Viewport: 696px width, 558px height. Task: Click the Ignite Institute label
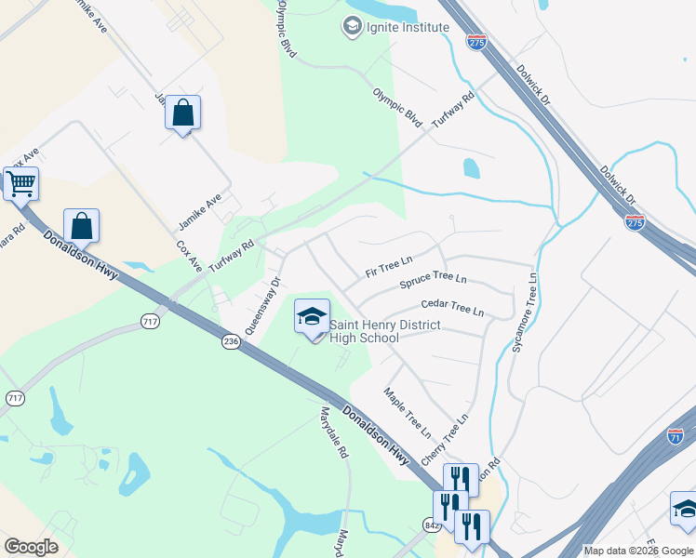click(408, 27)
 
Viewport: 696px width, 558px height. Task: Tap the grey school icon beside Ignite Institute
click(352, 27)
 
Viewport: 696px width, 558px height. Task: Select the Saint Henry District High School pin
click(312, 317)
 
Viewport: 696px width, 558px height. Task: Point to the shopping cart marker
click(20, 183)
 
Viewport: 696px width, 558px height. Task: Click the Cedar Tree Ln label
click(453, 306)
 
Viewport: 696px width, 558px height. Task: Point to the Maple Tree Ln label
click(408, 414)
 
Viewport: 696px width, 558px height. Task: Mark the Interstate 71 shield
click(676, 436)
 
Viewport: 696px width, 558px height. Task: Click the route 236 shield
click(231, 343)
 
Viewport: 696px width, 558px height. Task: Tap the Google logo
click(31, 547)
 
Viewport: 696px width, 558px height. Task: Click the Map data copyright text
click(638, 551)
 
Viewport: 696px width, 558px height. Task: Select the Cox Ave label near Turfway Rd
click(189, 258)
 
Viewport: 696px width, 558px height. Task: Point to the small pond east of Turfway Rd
click(472, 168)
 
